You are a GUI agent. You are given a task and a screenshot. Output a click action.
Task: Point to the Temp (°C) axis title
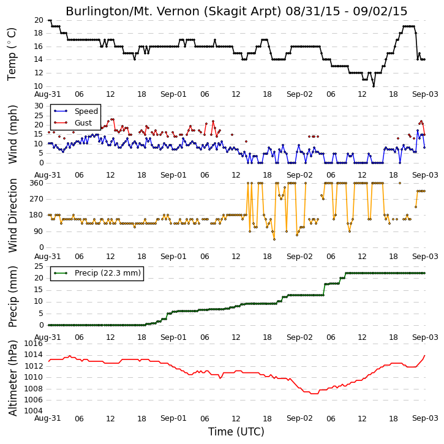11,54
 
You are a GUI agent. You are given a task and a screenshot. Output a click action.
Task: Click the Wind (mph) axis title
12,134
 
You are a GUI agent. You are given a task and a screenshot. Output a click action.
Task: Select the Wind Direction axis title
12,216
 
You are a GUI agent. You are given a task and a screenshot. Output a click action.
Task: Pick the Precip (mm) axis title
12,296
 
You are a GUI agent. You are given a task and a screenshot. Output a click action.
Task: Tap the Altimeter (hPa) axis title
12,378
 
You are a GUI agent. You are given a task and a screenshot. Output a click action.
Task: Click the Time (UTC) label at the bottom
236,432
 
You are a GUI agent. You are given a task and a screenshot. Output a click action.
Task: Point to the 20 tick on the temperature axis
39,20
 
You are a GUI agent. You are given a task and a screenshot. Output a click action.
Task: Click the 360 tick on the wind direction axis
37,183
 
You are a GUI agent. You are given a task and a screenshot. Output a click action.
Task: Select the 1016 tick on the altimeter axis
34,344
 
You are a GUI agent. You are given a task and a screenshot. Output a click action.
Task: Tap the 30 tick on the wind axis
39,106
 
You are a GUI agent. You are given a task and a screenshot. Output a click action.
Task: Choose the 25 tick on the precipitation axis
39,266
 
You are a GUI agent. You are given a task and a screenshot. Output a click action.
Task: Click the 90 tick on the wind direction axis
39,231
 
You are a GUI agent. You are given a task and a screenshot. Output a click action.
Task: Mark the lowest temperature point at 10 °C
374,86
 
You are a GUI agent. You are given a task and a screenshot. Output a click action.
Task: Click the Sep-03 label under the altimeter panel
425,418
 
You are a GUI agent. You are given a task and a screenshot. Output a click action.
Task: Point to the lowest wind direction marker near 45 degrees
274,239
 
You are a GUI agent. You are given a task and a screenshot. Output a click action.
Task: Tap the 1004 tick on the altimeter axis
34,411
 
